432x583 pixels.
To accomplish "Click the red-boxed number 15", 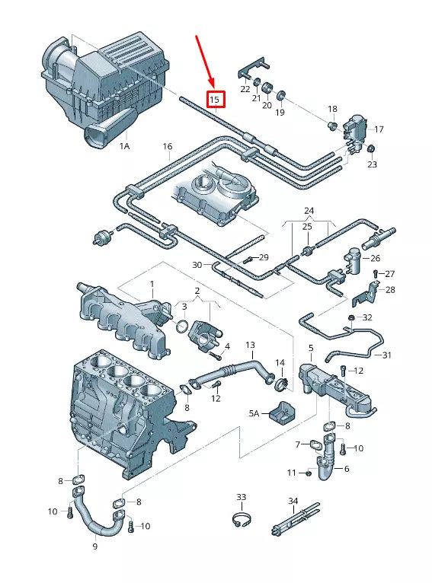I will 216,99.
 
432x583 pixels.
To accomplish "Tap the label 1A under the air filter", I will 124,145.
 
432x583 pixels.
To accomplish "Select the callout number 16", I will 168,146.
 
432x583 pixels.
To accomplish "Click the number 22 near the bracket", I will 245,90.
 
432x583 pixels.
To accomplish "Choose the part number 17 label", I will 379,129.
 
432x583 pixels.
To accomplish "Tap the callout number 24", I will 309,211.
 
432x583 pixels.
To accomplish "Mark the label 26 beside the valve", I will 375,259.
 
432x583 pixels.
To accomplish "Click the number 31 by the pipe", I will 386,355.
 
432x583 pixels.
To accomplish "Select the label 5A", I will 254,413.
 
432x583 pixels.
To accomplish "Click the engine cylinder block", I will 122,411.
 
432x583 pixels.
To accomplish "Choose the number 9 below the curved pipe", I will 95,546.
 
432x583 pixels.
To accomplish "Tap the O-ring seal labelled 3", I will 182,327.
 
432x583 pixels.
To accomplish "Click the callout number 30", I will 197,265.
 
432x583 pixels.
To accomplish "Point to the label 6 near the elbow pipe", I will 347,469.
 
